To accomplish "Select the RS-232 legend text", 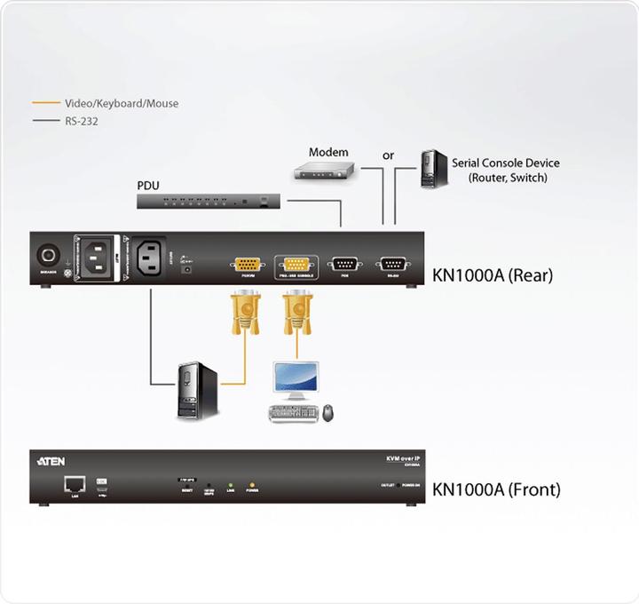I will tap(81, 122).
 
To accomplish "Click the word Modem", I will tap(328, 152).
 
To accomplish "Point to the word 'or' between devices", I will tap(388, 155).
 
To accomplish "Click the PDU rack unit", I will tap(209, 202).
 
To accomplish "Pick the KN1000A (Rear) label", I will tap(493, 275).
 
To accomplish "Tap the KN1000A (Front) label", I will tap(496, 489).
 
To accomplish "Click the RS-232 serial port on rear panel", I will tap(391, 263).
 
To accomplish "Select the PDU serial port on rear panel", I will tap(343, 263).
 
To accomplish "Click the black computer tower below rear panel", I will tap(197, 389).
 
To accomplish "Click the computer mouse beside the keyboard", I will tap(328, 413).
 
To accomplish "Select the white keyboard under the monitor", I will tap(292, 413).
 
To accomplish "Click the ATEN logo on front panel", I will tap(51, 461).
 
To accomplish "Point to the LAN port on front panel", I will tap(73, 483).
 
